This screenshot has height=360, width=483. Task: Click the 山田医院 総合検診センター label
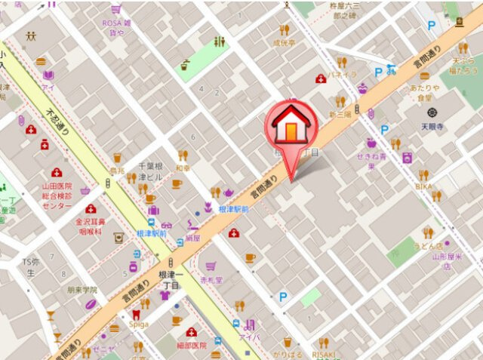[x=57, y=195]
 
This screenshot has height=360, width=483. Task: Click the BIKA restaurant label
[x=425, y=186]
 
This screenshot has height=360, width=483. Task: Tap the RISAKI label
[x=325, y=354]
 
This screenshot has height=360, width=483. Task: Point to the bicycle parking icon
[x=391, y=69]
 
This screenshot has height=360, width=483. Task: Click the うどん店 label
[x=433, y=245]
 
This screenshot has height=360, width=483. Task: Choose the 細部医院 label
[x=192, y=345]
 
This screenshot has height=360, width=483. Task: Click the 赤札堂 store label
[x=211, y=278]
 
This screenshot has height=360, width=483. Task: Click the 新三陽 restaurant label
[x=340, y=114]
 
